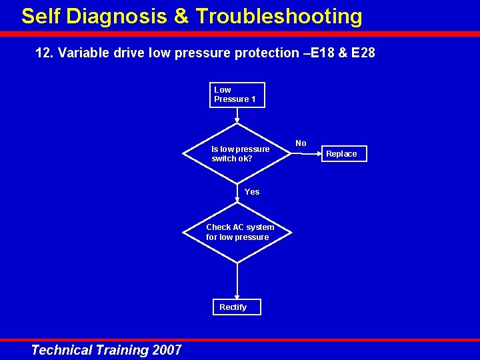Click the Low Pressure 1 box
pos(237,95)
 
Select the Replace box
pos(341,154)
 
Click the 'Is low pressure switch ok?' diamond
pos(238,154)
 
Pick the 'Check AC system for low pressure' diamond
pos(238,232)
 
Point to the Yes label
pos(252,192)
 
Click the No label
pos(301,143)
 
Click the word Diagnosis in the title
pos(115,16)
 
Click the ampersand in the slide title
pos(181,16)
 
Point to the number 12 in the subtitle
pos(43,53)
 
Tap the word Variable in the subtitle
pos(81,53)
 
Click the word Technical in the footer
pos(61,350)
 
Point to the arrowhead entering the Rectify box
pos(237,296)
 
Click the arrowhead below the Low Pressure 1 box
pos(237,121)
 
